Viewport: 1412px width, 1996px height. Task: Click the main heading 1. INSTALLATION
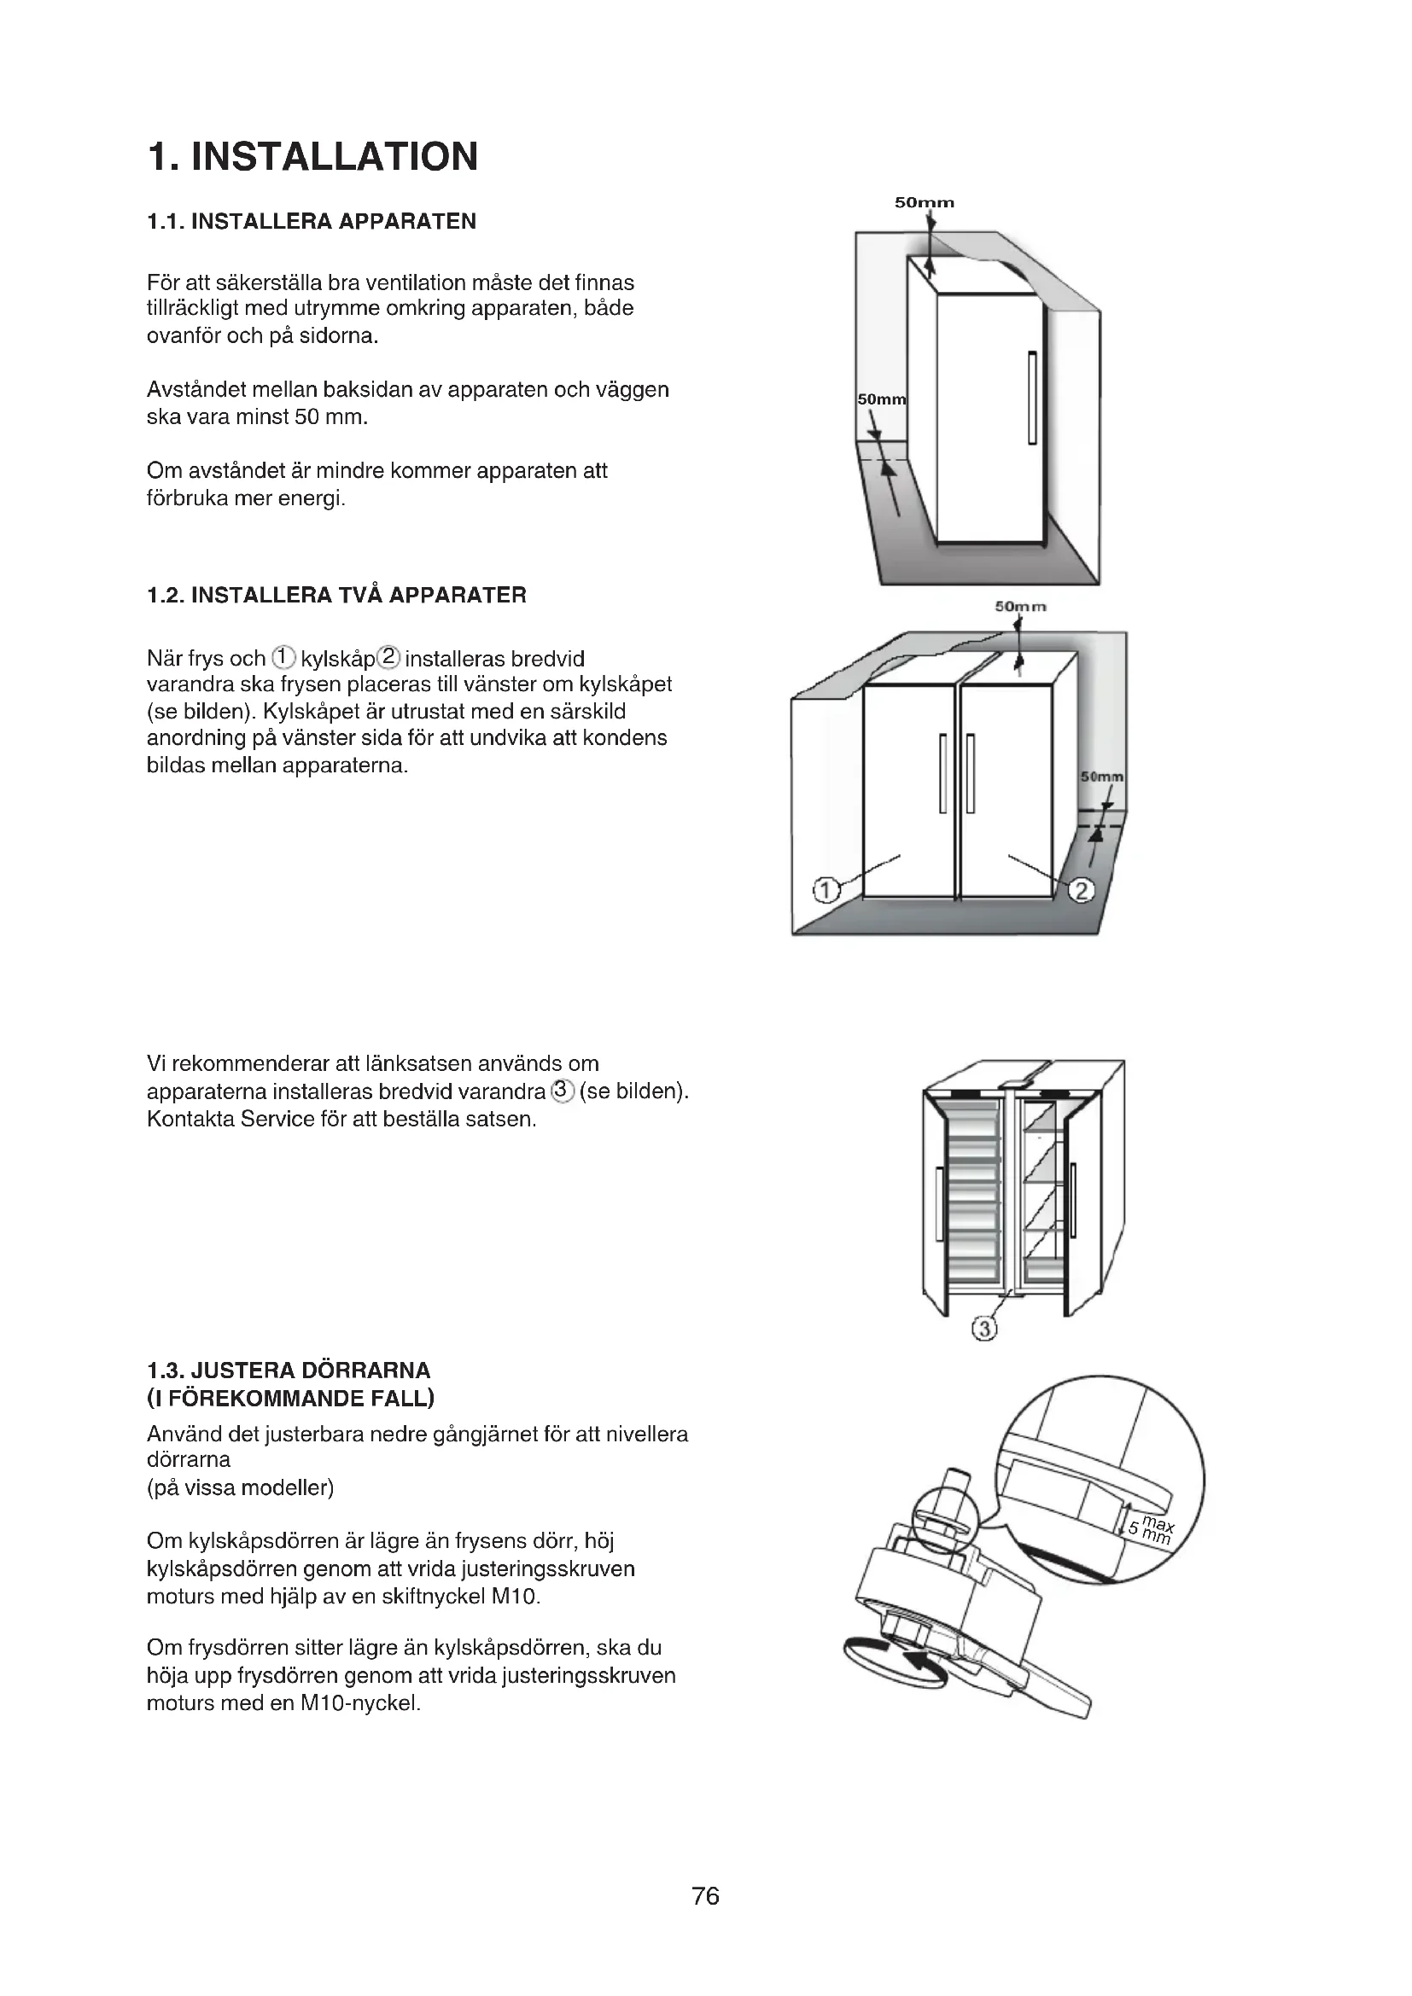313,157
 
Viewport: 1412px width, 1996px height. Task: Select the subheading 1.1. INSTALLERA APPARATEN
312,222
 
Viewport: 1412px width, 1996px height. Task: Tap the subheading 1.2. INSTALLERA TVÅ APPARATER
336,596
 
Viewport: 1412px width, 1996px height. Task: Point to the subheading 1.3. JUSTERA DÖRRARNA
289,1371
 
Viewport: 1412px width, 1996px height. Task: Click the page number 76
705,1896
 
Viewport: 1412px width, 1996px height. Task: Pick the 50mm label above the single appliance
925,203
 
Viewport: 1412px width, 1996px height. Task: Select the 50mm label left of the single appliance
881,400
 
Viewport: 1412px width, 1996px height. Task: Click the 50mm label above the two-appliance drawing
1021,606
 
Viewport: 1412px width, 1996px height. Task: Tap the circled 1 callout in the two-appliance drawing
826,890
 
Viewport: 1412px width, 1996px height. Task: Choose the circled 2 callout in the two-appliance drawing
1081,890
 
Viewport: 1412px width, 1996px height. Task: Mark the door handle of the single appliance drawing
1032,398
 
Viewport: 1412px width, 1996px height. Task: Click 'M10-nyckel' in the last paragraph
360,1703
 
